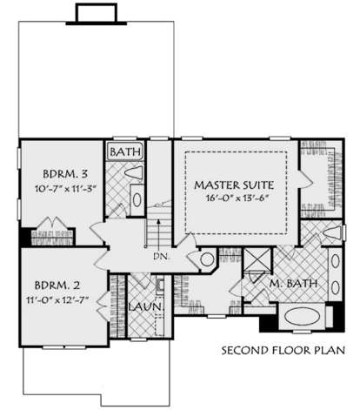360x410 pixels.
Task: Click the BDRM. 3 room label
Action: (x=65, y=174)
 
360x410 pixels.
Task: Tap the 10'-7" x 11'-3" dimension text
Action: (x=65, y=189)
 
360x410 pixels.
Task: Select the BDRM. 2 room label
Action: (x=57, y=286)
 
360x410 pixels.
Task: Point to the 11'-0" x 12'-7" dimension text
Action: (x=57, y=300)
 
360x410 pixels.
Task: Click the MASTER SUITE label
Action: (x=234, y=185)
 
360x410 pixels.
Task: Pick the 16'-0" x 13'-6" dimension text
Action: (x=237, y=198)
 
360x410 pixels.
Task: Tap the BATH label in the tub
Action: (x=125, y=151)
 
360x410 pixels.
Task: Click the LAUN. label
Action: (x=145, y=306)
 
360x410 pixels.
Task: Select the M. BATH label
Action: (x=293, y=284)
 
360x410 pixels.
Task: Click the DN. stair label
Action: (x=161, y=257)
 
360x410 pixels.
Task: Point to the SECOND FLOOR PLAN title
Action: (x=283, y=350)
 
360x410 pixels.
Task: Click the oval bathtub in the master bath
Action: (x=302, y=317)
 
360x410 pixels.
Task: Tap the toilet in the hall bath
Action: (x=134, y=173)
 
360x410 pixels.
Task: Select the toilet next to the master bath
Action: (x=332, y=233)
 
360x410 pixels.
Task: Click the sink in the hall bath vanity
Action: (x=137, y=199)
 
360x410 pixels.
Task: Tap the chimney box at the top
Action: (x=97, y=14)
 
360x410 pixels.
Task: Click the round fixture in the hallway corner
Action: (x=207, y=259)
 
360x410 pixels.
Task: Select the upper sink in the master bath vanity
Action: (x=336, y=261)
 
